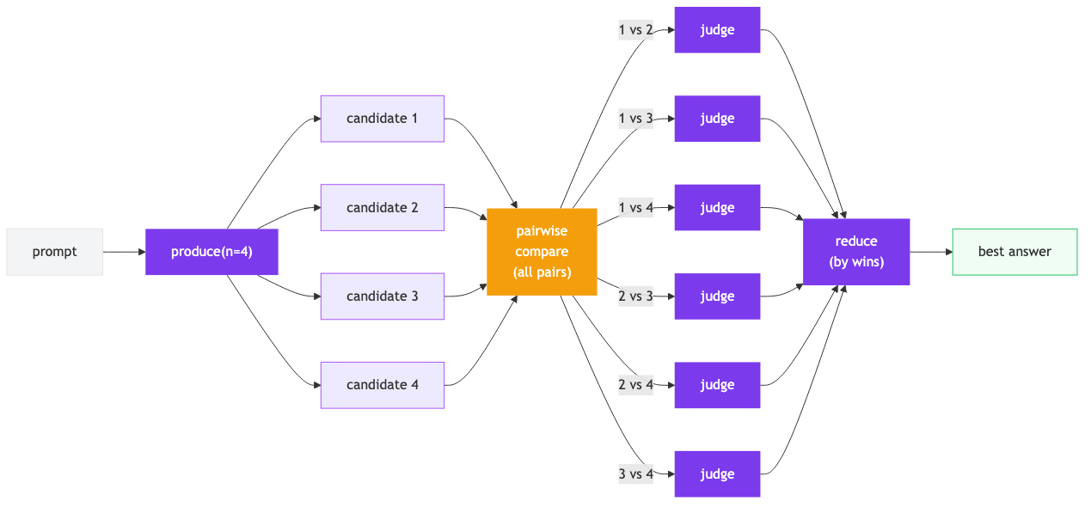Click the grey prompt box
point(55,252)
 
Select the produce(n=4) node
point(211,252)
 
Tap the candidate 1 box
point(383,119)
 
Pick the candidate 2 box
point(383,207)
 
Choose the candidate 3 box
point(383,296)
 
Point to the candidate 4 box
point(383,385)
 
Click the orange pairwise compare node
point(542,252)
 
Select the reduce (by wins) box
point(856,252)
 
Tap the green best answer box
point(1014,252)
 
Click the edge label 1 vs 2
point(636,30)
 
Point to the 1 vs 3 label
point(636,119)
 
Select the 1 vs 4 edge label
point(636,207)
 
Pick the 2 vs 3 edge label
point(636,296)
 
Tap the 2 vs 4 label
point(636,385)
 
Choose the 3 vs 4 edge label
point(636,473)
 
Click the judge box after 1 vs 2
point(717,30)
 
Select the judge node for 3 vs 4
point(717,473)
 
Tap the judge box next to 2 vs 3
point(717,296)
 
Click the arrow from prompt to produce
point(125,252)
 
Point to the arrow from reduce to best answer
point(931,252)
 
